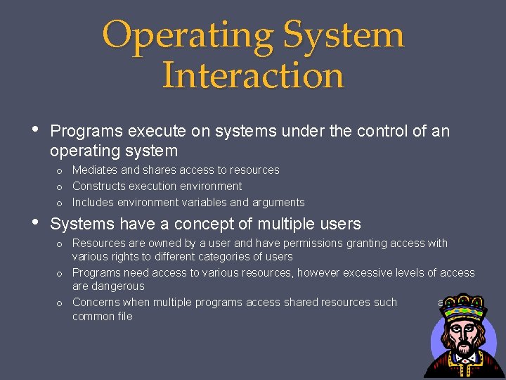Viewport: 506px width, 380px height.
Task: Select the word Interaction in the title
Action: click(x=253, y=75)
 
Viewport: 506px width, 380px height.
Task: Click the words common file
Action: click(x=103, y=317)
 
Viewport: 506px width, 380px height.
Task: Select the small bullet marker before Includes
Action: click(x=60, y=203)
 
